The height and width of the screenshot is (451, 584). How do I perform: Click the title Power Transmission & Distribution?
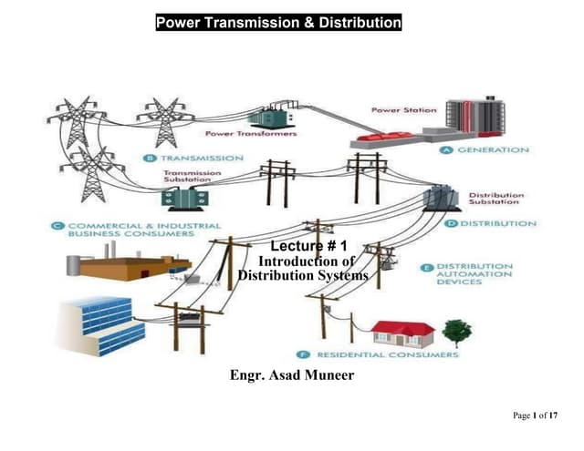[278, 23]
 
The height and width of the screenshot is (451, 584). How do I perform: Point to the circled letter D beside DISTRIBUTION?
[451, 223]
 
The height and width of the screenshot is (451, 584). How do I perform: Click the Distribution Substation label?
[495, 199]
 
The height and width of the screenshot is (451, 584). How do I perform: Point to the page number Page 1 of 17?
[536, 416]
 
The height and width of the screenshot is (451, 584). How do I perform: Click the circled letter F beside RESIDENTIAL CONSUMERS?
[302, 354]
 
